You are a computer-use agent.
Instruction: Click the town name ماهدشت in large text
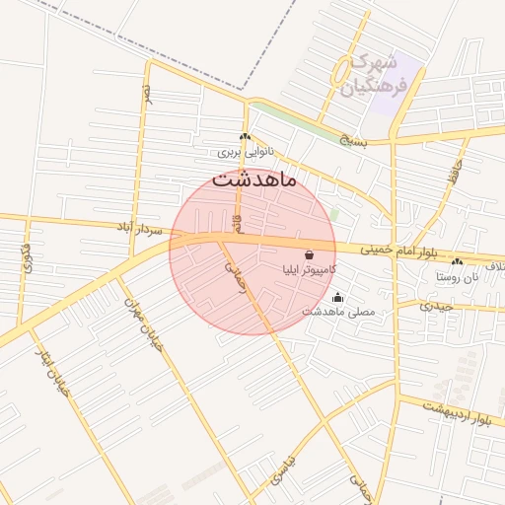(260, 180)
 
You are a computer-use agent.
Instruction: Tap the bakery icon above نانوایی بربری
(245, 138)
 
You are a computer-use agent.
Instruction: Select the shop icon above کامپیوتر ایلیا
(310, 253)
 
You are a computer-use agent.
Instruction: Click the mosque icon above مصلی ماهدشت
(338, 298)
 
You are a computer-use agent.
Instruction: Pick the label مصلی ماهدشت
(338, 313)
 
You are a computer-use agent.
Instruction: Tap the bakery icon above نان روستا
(457, 262)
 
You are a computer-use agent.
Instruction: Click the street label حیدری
(435, 306)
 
